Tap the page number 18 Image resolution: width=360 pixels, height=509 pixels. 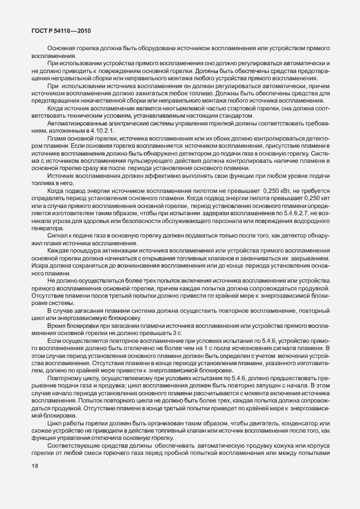(35, 488)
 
